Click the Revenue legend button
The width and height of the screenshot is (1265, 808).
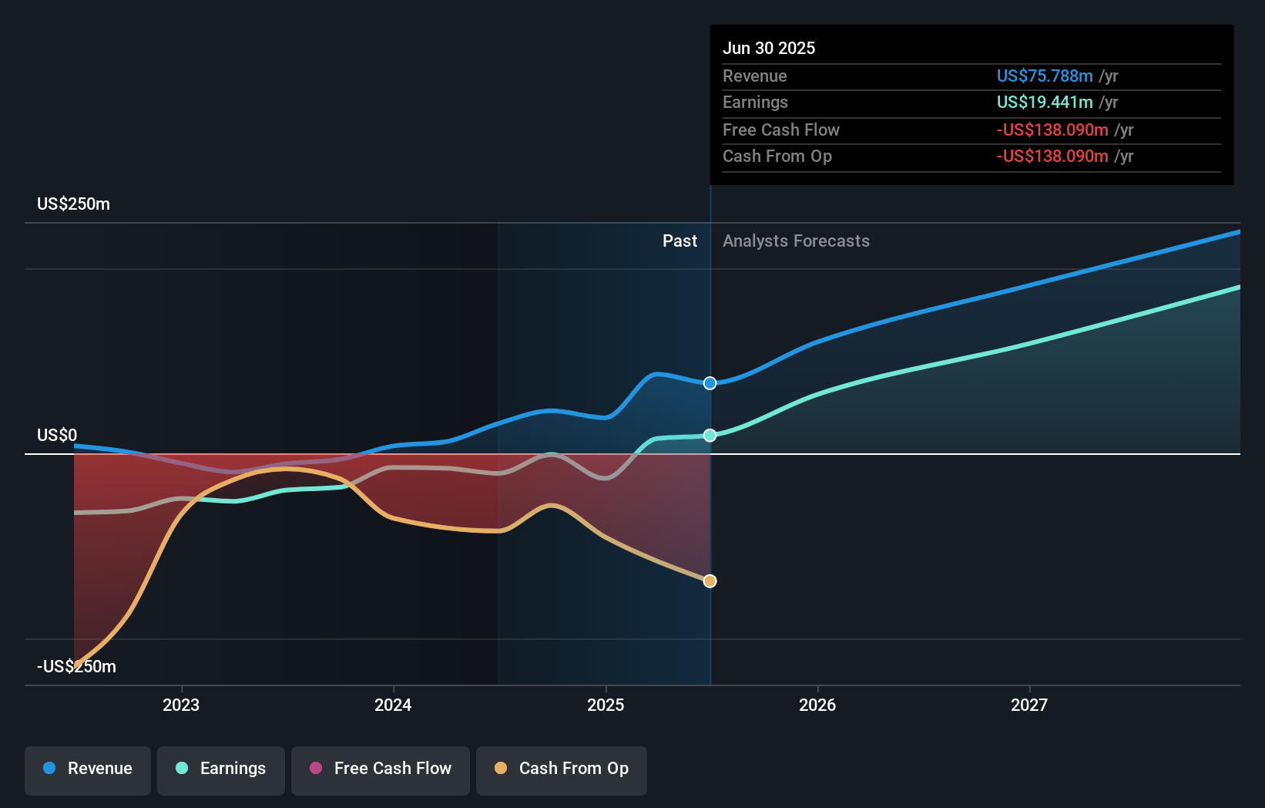click(88, 769)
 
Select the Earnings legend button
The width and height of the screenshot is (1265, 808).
click(221, 769)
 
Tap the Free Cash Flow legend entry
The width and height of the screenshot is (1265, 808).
click(381, 769)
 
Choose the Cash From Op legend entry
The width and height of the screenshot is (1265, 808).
click(562, 769)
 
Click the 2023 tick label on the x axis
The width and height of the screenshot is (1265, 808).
click(181, 705)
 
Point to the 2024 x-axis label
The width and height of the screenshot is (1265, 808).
click(393, 705)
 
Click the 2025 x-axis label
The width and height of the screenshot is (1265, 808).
click(606, 705)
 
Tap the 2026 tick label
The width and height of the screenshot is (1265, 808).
click(817, 705)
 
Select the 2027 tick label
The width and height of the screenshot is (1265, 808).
click(1029, 705)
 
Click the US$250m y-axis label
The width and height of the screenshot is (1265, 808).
click(74, 204)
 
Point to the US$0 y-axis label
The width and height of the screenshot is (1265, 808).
click(57, 436)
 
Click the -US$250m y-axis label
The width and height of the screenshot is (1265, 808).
click(76, 667)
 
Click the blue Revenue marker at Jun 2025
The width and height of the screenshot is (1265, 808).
click(710, 383)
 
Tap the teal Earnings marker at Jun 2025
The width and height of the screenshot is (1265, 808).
click(710, 436)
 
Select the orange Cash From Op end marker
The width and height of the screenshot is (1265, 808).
click(710, 581)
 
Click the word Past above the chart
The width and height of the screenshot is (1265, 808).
click(679, 241)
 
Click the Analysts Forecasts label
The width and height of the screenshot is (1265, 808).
click(796, 241)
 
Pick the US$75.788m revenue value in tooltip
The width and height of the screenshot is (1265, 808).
click(1044, 76)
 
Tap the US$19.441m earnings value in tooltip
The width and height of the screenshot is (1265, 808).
click(1044, 103)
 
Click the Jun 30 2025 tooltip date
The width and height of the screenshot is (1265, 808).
click(769, 49)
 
